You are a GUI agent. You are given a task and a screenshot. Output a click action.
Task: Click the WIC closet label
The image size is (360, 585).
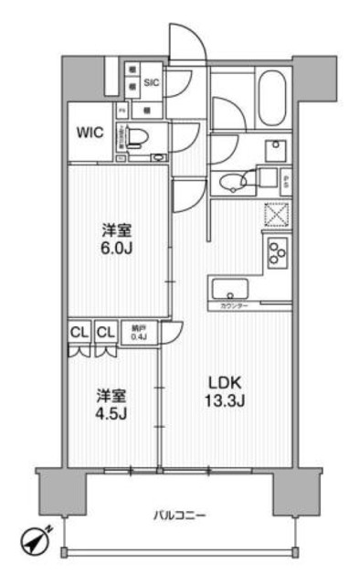coord(90,133)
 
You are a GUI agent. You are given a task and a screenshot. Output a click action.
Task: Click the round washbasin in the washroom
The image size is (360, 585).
coord(236,180)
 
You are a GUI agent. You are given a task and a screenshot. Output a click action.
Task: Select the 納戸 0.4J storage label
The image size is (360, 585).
coord(137,334)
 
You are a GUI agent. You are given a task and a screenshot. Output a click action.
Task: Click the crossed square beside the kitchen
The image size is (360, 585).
coord(275,214)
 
